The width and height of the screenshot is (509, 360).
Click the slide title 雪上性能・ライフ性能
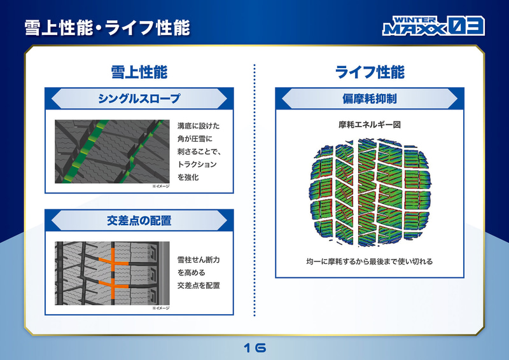[107, 27]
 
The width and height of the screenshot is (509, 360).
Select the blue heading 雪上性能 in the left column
[139, 72]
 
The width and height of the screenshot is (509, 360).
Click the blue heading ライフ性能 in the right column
[370, 72]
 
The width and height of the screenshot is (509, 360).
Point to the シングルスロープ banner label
[139, 99]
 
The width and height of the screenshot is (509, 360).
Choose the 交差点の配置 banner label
[139, 221]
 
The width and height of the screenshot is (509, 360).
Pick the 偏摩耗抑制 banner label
[370, 99]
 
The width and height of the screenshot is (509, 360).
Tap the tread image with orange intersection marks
[112, 272]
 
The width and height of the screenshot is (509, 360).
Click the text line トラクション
[197, 164]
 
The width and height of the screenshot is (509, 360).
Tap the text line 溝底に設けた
[199, 126]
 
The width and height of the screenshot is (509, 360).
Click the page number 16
[254, 348]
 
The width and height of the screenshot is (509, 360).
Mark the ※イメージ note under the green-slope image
[160, 186]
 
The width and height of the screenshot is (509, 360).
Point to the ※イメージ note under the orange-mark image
[160, 308]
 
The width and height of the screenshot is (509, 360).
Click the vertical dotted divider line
[254, 191]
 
